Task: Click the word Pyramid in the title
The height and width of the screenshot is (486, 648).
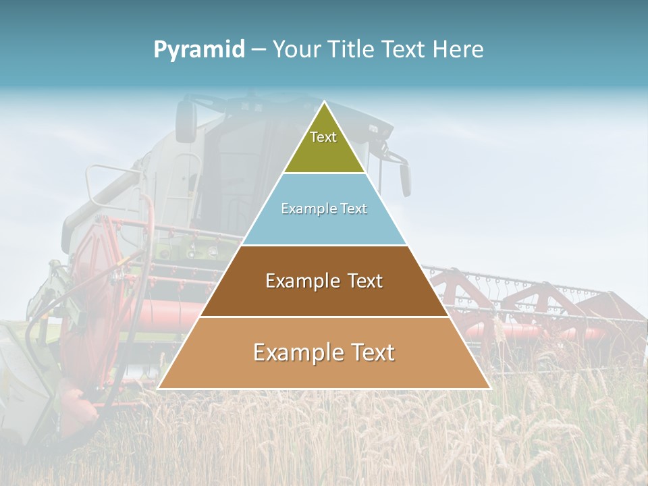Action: pos(199,50)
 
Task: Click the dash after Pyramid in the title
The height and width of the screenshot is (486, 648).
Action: pos(259,50)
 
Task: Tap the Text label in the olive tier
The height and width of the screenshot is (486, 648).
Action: pos(323,137)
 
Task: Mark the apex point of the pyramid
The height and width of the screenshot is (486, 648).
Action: pos(324,102)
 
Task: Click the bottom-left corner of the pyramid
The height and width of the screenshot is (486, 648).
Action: pos(158,388)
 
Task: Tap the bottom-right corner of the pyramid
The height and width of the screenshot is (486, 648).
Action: pos(490,388)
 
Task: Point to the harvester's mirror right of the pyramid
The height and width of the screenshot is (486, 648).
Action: pos(405,179)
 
